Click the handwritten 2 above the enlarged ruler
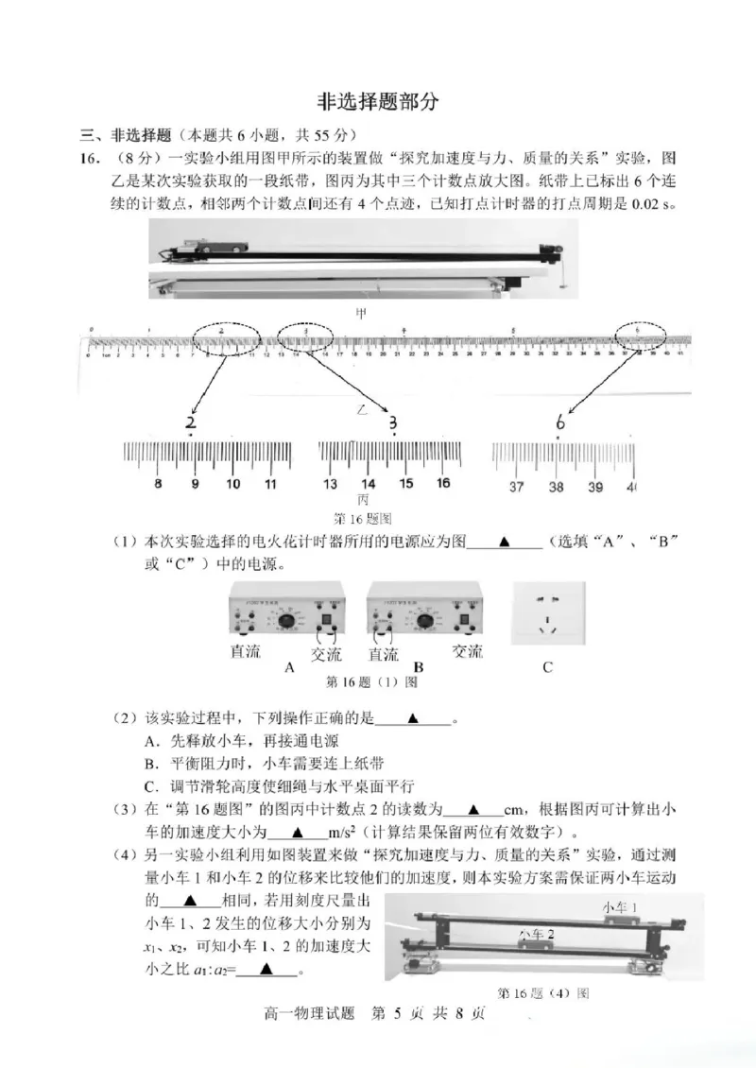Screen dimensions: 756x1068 pyautogui.click(x=192, y=422)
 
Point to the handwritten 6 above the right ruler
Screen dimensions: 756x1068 pyautogui.click(x=559, y=422)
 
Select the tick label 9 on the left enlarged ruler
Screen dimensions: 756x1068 pyautogui.click(x=195, y=485)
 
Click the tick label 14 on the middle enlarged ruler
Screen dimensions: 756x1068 pyautogui.click(x=369, y=484)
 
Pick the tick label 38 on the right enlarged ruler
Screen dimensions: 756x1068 pyautogui.click(x=556, y=487)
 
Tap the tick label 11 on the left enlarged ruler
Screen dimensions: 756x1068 pyautogui.click(x=270, y=485)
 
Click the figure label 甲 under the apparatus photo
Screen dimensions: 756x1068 pyautogui.click(x=360, y=311)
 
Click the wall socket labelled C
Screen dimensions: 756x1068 pyautogui.click(x=548, y=614)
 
